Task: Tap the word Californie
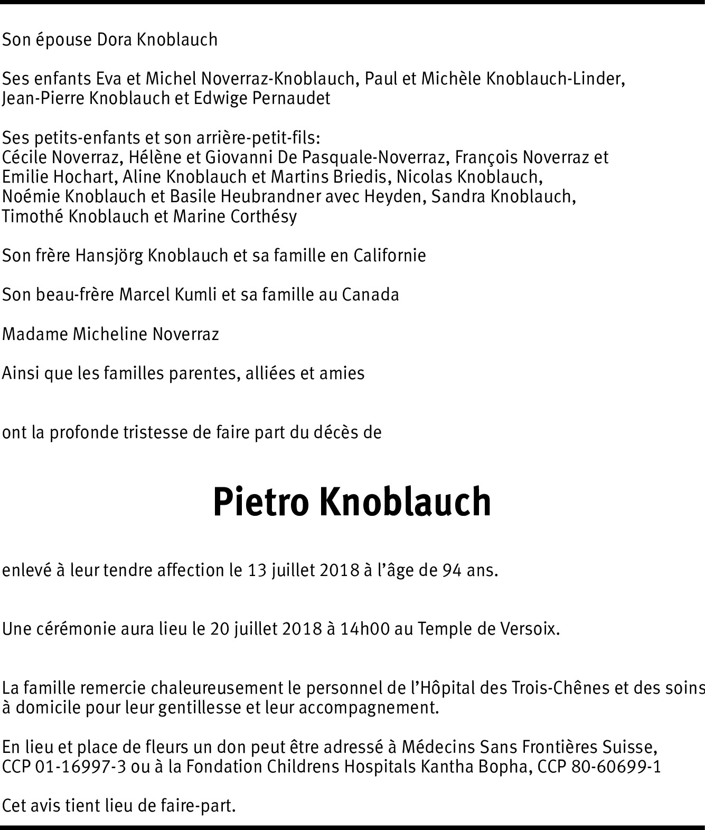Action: click(x=389, y=256)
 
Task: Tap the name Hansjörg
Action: click(x=109, y=256)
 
